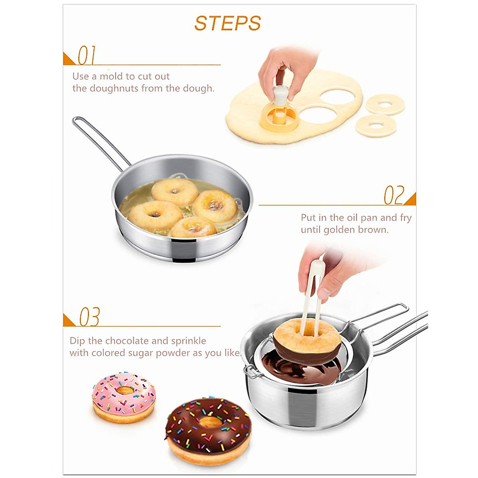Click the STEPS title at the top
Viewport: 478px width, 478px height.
(227, 24)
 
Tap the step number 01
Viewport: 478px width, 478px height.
(86, 55)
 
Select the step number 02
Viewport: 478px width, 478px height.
(394, 195)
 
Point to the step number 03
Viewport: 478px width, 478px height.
(89, 317)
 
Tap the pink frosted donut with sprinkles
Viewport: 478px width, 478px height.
(123, 396)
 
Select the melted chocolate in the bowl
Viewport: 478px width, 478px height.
(291, 368)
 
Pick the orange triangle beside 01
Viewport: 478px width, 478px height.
(68, 60)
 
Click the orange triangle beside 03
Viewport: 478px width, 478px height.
(68, 321)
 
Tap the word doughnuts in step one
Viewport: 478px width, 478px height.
(114, 88)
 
